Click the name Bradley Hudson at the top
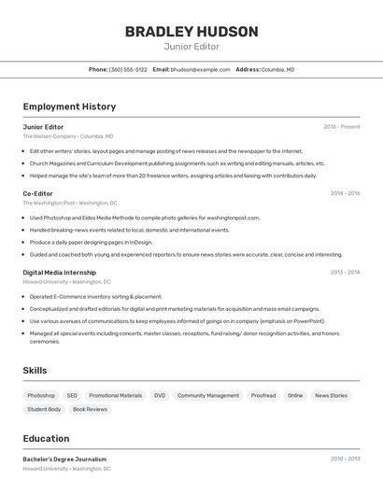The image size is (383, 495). [x=191, y=32]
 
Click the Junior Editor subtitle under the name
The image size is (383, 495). [x=191, y=47]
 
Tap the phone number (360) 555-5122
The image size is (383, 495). [x=128, y=69]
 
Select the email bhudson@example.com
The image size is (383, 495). [x=200, y=69]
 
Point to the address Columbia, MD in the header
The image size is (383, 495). [x=277, y=69]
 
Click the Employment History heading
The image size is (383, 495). [x=69, y=106]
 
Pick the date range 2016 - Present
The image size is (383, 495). [x=342, y=127]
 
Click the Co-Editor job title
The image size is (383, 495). [x=38, y=193]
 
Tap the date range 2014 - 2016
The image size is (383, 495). [x=345, y=193]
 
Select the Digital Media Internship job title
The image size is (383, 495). [x=61, y=273]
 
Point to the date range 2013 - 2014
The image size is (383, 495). [x=345, y=273]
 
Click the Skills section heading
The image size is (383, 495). [x=35, y=371]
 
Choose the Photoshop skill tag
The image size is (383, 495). [x=41, y=395]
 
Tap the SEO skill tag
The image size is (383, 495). [x=72, y=395]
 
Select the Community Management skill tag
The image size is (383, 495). [x=208, y=395]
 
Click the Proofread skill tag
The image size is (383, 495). [x=263, y=395]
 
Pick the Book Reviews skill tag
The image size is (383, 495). [x=90, y=409]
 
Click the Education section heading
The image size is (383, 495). [x=46, y=439]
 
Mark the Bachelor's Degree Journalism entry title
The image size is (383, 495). [x=64, y=460]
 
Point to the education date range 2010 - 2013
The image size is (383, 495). [x=345, y=460]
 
